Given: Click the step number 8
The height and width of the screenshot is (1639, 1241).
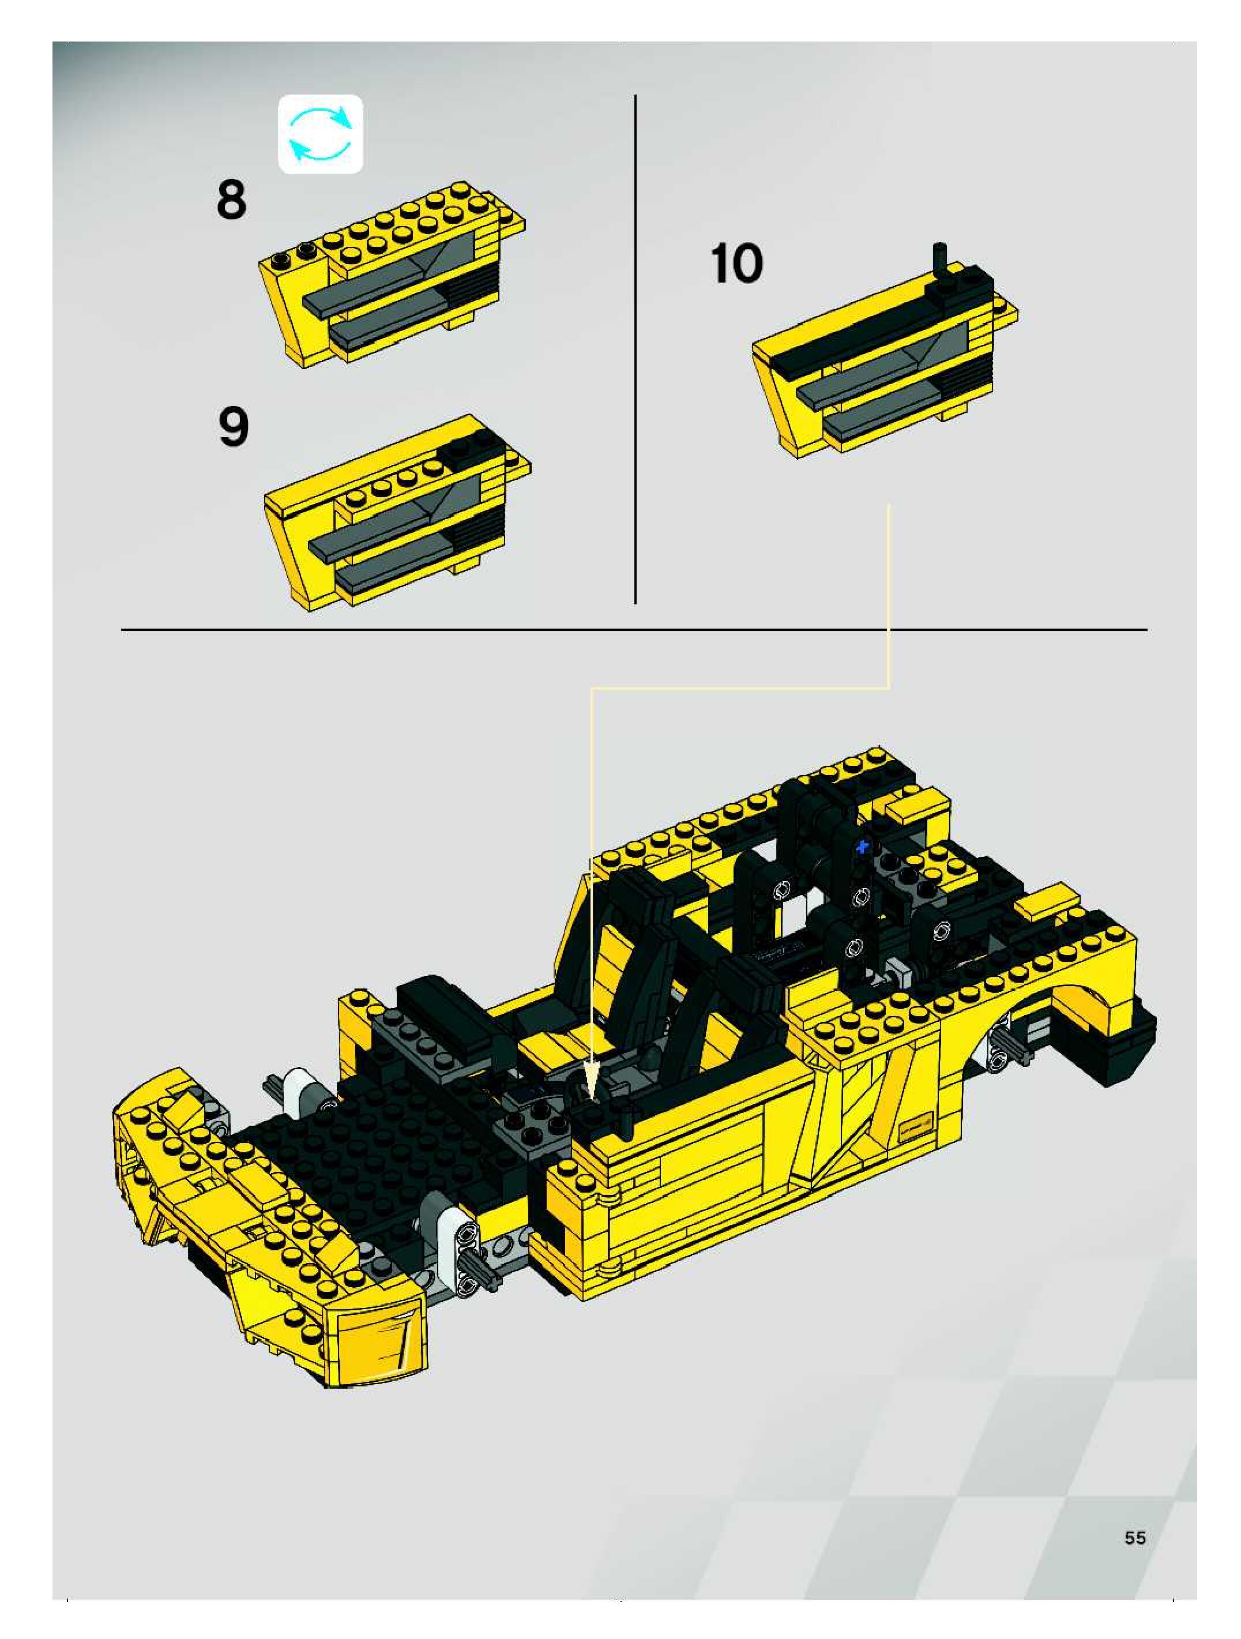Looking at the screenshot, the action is (231, 200).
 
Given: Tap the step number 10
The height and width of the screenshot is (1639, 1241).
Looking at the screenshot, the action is (736, 264).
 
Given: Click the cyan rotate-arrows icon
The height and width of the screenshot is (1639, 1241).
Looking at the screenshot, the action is (320, 134).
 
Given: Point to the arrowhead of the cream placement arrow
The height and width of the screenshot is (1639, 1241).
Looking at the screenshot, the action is (591, 1077).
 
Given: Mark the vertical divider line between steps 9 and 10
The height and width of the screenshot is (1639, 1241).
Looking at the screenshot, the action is (635, 349).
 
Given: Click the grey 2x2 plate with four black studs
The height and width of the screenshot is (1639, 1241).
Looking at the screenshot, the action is (531, 1127).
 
